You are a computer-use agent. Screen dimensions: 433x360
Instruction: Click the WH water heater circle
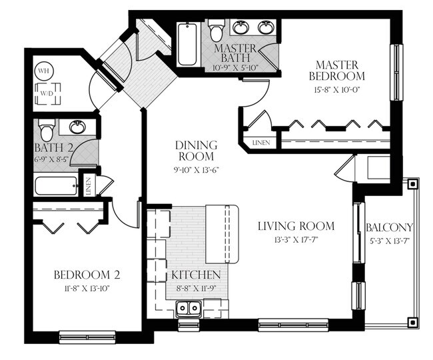tap(43, 71)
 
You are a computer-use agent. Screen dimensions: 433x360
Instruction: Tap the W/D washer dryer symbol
tap(47, 93)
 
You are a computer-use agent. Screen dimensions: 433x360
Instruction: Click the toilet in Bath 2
tap(47, 129)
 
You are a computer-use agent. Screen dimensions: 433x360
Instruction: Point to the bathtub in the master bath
tap(187, 44)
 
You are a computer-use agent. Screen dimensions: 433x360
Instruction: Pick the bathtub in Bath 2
tap(56, 185)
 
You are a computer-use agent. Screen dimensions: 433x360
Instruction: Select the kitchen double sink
tap(189, 307)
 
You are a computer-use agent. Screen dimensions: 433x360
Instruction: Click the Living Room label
tap(296, 226)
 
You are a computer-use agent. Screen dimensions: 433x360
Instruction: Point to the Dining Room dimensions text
tap(196, 170)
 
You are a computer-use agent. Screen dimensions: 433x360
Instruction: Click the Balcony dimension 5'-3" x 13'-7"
tap(389, 241)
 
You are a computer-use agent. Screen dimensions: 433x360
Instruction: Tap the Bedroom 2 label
tap(87, 275)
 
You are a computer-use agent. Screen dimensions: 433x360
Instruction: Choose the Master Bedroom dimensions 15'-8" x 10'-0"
tap(336, 89)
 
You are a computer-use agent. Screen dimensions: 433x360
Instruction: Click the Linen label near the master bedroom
tap(261, 143)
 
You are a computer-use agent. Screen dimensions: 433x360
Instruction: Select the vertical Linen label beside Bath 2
tap(89, 187)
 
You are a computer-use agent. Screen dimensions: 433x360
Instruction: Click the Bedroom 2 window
tap(87, 337)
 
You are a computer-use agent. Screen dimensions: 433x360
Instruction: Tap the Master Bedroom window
tap(396, 73)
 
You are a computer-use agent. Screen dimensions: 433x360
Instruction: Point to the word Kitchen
tap(196, 275)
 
